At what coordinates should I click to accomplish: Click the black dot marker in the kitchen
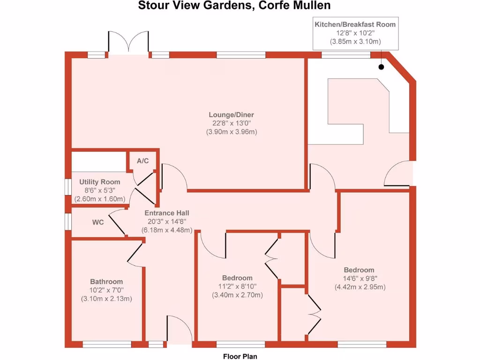pos(381,67)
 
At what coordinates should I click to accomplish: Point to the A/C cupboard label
pos(142,161)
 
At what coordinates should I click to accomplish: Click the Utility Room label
pos(99,182)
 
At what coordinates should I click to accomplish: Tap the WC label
pos(97,222)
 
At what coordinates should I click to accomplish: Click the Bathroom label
pos(106,281)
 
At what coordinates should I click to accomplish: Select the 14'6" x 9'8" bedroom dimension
pos(359,278)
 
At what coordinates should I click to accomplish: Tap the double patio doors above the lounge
pos(128,44)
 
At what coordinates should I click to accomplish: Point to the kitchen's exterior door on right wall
pos(399,173)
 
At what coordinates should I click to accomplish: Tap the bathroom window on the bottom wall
pos(107,345)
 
